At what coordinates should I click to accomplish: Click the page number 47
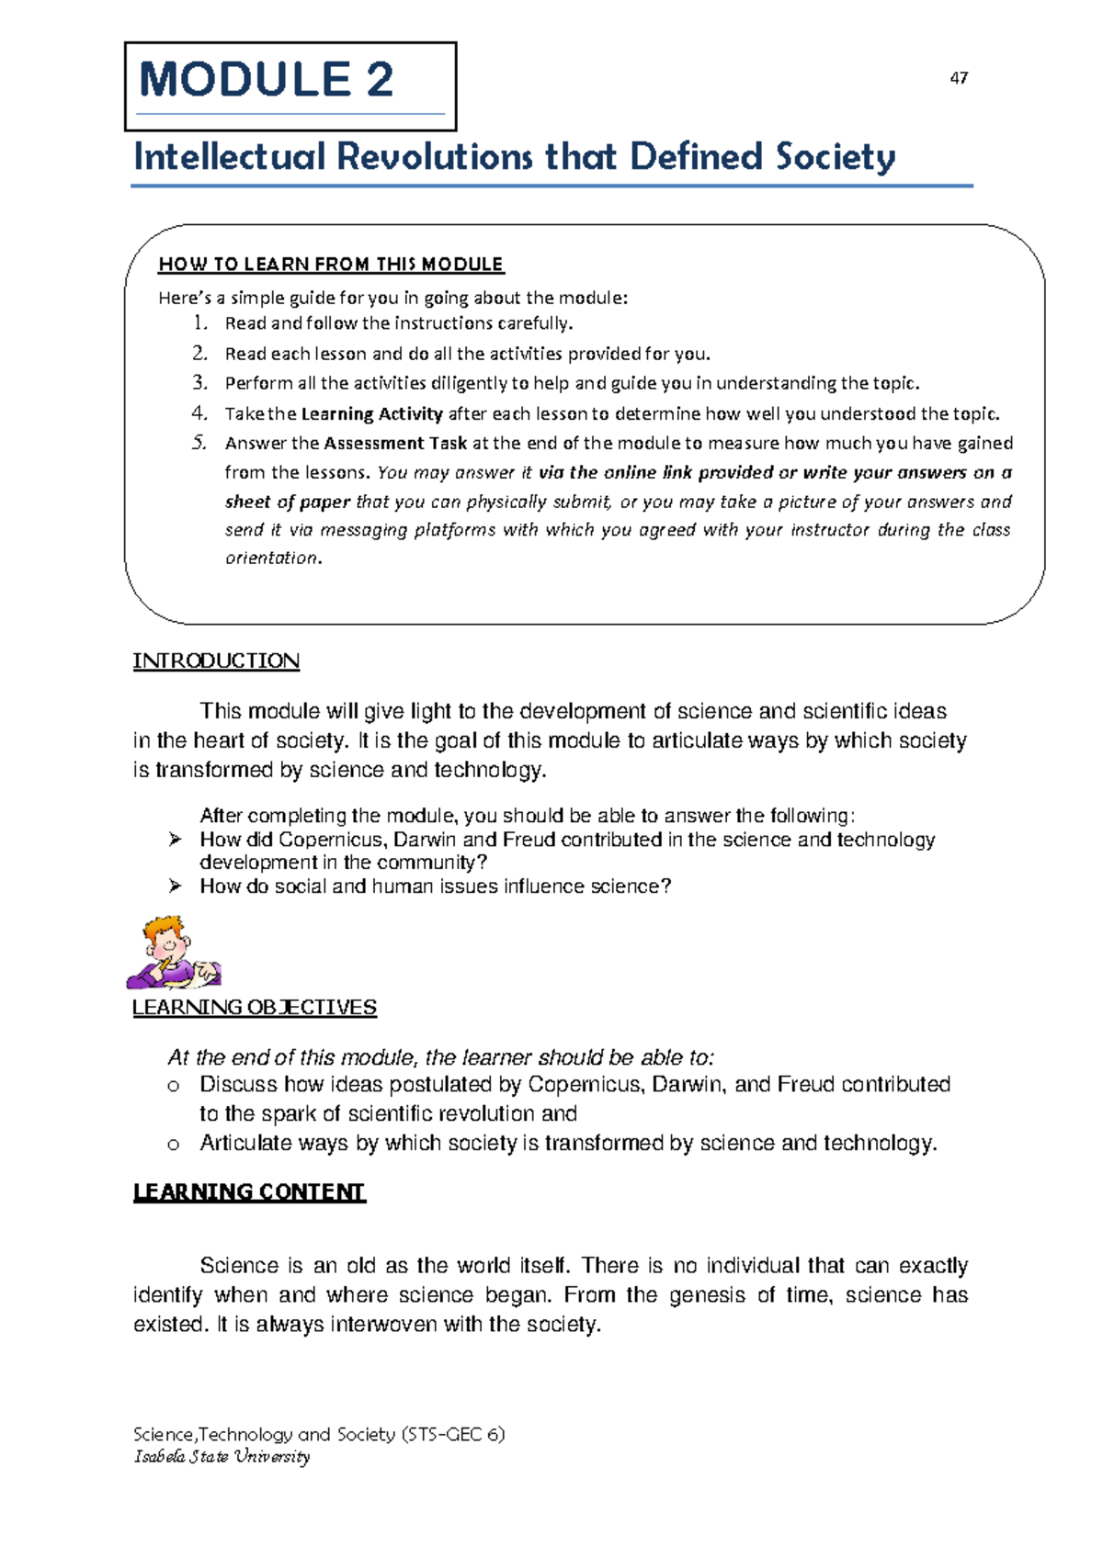[x=959, y=78]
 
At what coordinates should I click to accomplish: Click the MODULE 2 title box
[x=290, y=86]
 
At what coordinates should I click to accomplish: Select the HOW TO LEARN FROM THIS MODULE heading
[x=331, y=265]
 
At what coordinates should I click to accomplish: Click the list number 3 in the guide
[x=199, y=383]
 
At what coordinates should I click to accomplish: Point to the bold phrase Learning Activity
[x=372, y=413]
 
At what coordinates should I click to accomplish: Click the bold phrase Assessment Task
[x=395, y=443]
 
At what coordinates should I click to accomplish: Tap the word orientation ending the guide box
[x=273, y=558]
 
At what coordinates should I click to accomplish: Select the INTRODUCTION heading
[x=216, y=661]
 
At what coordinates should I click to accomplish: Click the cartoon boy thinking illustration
[x=173, y=952]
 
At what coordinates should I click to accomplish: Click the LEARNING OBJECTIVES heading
[x=255, y=1008]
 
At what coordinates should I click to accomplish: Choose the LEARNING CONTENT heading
[x=249, y=1192]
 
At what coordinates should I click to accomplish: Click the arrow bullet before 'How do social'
[x=175, y=886]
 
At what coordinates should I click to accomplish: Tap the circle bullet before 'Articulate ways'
[x=173, y=1145]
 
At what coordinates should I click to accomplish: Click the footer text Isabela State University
[x=222, y=1456]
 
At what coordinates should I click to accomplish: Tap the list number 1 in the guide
[x=199, y=323]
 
